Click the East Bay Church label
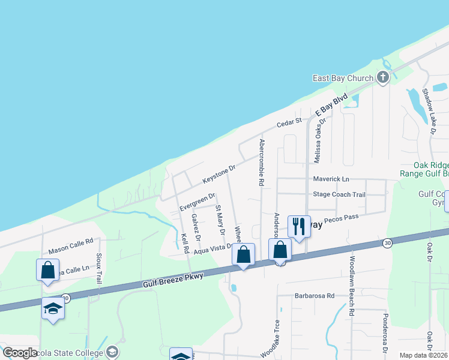[x=343, y=78]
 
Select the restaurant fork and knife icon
[x=299, y=226]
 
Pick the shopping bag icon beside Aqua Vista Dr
[x=244, y=254]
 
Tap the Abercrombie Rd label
[x=262, y=163]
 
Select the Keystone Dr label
[x=220, y=175]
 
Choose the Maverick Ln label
[x=331, y=179]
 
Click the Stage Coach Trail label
[x=339, y=194]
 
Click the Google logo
[x=19, y=353]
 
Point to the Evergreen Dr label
[x=197, y=202]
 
